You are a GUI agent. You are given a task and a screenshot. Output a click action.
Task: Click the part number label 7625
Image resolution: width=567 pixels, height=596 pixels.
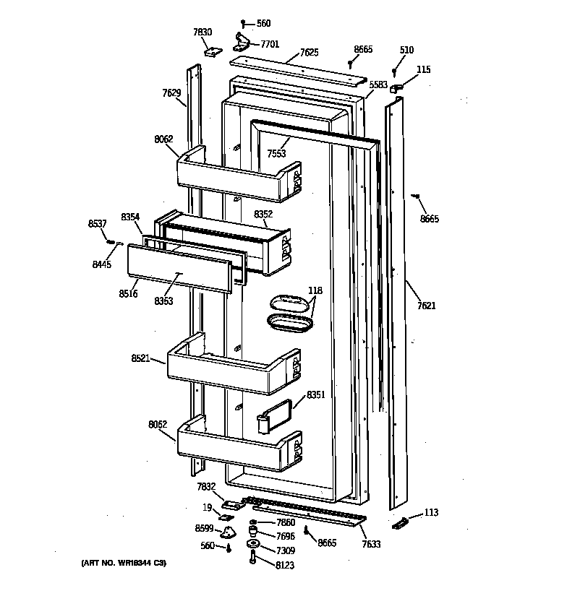(308, 53)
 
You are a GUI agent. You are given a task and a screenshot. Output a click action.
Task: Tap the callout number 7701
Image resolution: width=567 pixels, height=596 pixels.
(269, 45)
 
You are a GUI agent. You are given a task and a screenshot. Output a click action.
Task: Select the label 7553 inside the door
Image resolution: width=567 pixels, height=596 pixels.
(276, 154)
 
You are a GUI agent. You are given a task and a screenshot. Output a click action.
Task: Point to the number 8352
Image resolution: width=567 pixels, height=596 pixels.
(263, 214)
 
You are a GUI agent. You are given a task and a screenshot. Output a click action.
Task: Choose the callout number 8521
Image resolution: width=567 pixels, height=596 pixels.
(141, 358)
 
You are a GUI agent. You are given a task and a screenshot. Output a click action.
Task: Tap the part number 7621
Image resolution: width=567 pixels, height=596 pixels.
(426, 306)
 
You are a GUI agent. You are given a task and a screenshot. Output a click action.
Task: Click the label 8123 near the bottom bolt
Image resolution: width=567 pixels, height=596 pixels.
(283, 566)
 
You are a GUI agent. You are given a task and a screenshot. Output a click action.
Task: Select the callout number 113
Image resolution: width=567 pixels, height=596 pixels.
(431, 513)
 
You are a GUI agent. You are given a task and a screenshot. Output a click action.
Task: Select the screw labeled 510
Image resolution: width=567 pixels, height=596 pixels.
(395, 72)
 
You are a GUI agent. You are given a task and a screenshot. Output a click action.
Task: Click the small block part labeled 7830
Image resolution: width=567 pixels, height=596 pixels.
(213, 51)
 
